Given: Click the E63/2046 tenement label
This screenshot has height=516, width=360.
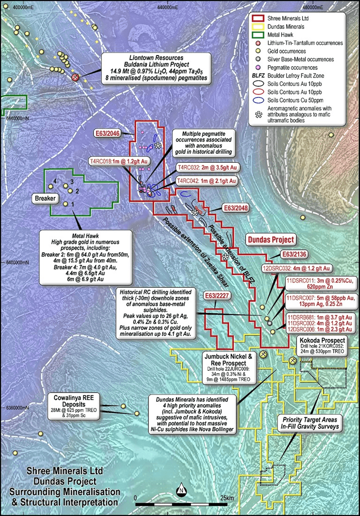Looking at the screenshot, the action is tap(107, 133).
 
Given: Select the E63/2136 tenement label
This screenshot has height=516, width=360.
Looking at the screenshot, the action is tap(294, 254).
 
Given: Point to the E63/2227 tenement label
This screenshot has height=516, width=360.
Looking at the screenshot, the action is tap(217, 296).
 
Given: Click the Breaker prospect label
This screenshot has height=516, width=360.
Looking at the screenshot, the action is tap(45, 198).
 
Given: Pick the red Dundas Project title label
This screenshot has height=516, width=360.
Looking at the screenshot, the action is tap(271, 239).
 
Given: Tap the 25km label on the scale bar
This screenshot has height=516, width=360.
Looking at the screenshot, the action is tap(227, 498).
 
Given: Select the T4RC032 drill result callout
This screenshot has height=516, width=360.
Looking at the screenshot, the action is tap(207, 167).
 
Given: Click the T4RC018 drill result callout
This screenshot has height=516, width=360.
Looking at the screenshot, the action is tap(119, 161).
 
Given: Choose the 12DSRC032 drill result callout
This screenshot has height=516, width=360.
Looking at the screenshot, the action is tap(296, 269).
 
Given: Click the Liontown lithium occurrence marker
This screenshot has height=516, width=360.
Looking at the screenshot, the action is tap(75, 77).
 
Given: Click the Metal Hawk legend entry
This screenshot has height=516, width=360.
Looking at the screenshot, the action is tap(280, 35).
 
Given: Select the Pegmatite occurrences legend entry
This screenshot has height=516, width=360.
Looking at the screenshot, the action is tap(292, 67).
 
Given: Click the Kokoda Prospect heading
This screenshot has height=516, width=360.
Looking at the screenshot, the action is tap(322, 341).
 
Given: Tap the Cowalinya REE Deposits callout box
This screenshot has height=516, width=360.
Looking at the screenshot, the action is tap(74, 406).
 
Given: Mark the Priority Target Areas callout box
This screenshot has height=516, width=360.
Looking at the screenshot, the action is tap(309, 423).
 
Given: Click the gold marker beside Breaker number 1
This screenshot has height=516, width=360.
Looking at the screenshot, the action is tap(66, 204).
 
